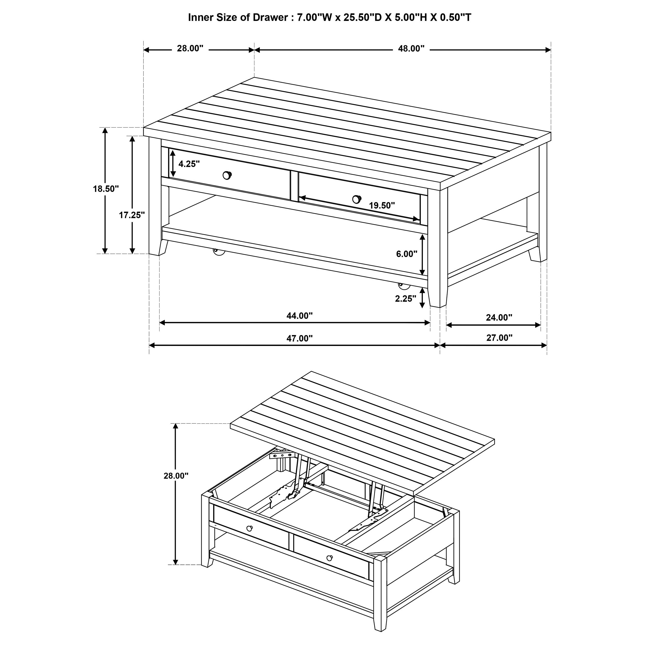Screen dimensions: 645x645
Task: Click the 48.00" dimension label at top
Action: (411, 49)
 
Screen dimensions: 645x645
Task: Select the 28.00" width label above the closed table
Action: (190, 49)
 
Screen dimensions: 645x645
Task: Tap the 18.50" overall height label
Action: (106, 189)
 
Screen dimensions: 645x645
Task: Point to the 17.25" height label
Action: (132, 215)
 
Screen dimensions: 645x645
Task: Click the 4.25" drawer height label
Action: (189, 164)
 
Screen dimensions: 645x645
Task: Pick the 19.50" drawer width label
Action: (382, 206)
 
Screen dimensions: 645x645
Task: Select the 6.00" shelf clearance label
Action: (406, 254)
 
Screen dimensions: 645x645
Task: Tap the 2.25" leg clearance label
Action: (406, 299)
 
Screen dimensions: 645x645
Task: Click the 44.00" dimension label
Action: (300, 316)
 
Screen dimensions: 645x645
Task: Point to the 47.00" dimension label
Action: (300, 338)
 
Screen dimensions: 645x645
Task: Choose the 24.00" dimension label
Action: (499, 318)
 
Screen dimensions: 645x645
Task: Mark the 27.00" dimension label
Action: (499, 338)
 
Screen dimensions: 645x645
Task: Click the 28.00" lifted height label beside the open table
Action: (176, 476)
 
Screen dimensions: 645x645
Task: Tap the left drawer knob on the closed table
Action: (227, 175)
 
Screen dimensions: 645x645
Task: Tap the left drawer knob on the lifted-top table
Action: (249, 528)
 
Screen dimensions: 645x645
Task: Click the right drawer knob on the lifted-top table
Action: (329, 558)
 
